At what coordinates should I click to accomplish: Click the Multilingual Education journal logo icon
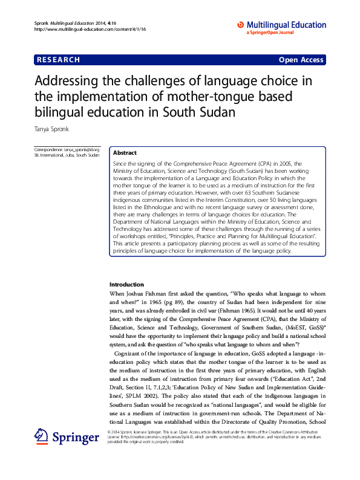(240, 25)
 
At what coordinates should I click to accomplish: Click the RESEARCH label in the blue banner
(58, 60)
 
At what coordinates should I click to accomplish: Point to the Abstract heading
(125, 154)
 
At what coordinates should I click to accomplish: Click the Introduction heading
(126, 284)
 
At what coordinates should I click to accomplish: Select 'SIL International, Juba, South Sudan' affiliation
(67, 155)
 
